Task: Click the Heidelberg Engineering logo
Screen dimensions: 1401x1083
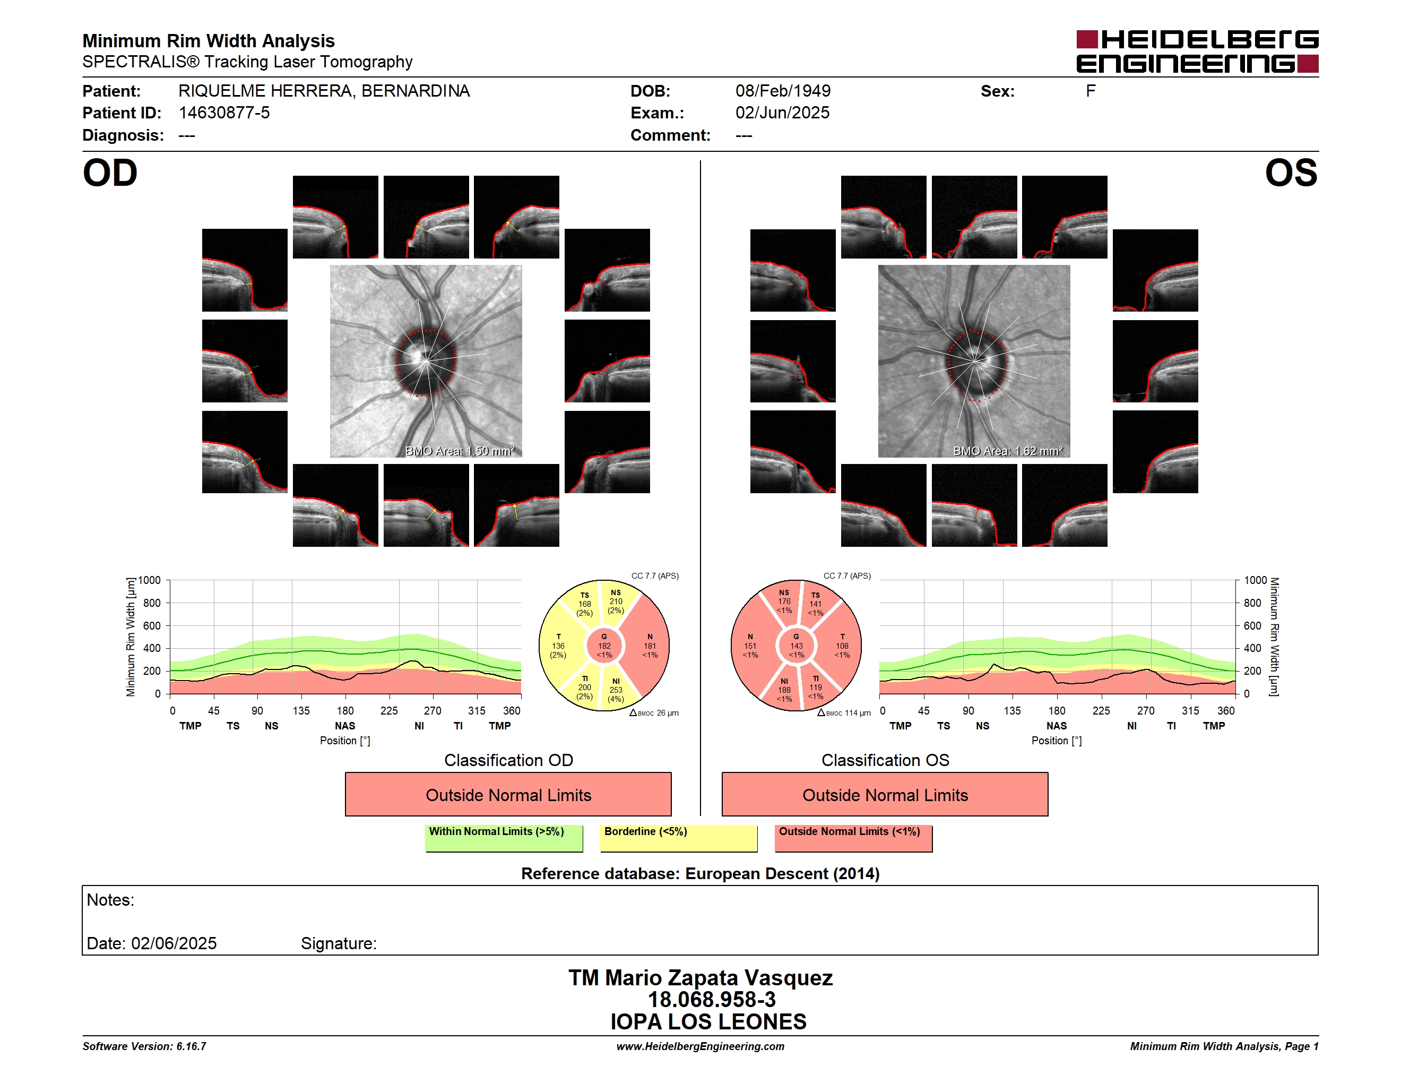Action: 1197,51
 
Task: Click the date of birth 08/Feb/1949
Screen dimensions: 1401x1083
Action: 783,91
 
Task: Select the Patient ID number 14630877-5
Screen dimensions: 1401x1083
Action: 224,113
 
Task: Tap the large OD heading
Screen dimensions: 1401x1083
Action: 110,173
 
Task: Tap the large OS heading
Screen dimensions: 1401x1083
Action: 1291,173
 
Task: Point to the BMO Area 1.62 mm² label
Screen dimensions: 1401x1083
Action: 1008,451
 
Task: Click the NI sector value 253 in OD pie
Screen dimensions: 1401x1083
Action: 616,690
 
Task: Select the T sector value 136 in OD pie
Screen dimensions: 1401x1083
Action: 558,646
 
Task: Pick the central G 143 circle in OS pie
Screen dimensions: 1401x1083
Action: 796,646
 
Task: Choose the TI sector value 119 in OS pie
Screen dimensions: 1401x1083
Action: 815,687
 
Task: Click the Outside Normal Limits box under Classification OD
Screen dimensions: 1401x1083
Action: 508,794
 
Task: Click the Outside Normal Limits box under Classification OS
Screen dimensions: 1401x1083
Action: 885,794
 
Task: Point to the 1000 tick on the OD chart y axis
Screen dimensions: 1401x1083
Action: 149,581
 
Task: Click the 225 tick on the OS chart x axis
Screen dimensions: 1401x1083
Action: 1101,711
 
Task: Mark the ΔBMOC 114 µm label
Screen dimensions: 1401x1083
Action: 844,713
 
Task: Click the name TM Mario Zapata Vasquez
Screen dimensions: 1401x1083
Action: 700,978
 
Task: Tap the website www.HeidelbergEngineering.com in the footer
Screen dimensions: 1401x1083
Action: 700,1046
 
